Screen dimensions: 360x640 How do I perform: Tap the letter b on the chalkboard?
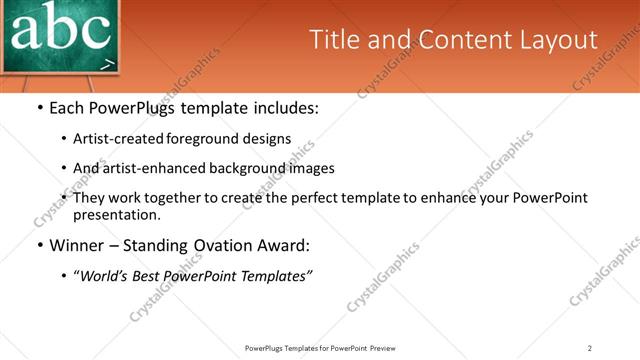click(62, 28)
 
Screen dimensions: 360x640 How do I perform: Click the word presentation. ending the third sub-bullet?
click(117, 214)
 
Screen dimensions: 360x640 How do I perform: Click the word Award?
click(284, 245)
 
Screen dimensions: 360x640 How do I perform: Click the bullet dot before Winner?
click(39, 245)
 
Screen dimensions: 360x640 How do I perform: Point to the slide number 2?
click(590, 348)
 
